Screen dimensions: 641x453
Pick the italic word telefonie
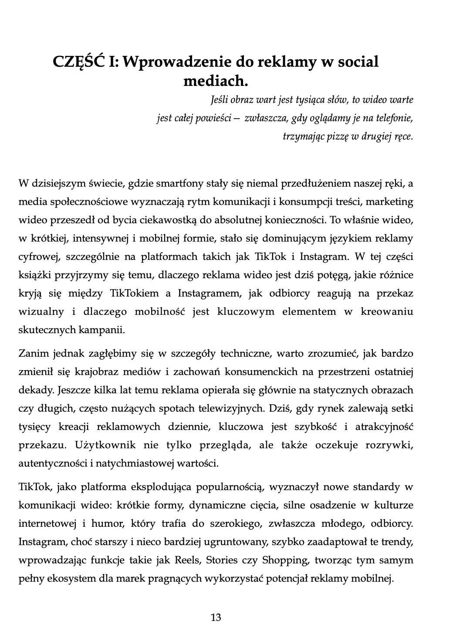394,118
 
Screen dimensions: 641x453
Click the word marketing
392,202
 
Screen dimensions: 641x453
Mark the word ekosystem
63,579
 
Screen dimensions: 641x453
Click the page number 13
216,617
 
